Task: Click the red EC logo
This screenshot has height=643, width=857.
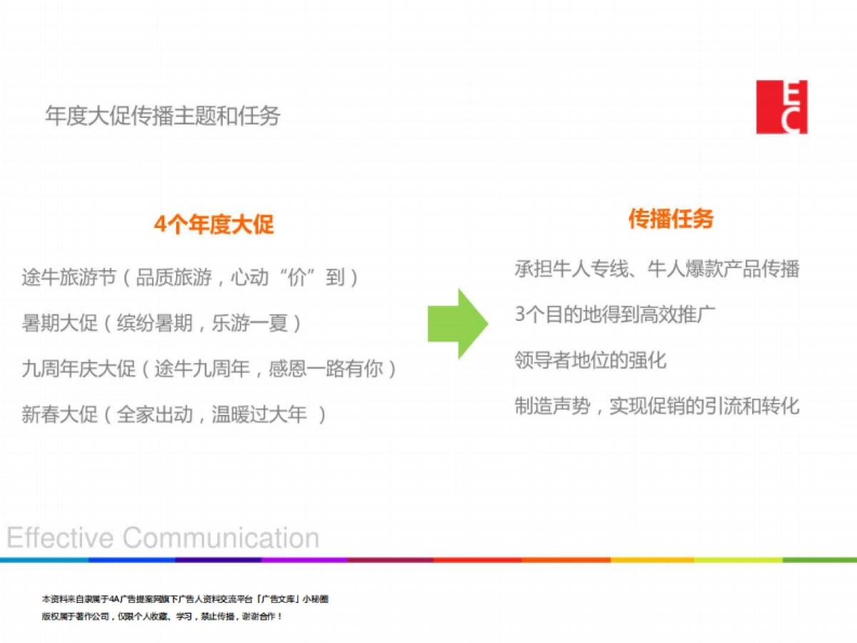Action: pos(781,107)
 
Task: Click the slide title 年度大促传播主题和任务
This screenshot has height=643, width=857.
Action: pos(163,116)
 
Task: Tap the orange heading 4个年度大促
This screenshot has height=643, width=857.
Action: pos(214,224)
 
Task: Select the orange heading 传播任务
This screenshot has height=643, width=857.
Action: pos(671,219)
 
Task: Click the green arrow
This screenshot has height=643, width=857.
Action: pos(458,324)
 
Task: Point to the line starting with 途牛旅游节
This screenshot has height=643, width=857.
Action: pos(190,278)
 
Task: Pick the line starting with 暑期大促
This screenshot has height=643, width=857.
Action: pos(161,323)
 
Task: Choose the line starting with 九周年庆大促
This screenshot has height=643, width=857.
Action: pos(209,369)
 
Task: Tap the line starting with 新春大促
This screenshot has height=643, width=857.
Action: pos(174,414)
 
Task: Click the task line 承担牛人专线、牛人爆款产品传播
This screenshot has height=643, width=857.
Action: pos(657,269)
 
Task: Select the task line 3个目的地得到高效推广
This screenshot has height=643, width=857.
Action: pos(615,314)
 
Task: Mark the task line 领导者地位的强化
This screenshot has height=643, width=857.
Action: pos(591,360)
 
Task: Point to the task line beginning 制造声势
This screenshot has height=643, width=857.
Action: pos(657,406)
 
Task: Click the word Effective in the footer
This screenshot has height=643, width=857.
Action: pos(60,537)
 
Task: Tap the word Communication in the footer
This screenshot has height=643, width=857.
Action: pos(221,537)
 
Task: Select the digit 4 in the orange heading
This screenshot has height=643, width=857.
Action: pos(160,225)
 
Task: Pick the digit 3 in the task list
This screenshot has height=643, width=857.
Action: pos(520,314)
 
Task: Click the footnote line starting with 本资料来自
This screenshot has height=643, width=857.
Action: pos(185,599)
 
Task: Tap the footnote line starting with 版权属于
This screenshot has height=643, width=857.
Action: pos(161,617)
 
